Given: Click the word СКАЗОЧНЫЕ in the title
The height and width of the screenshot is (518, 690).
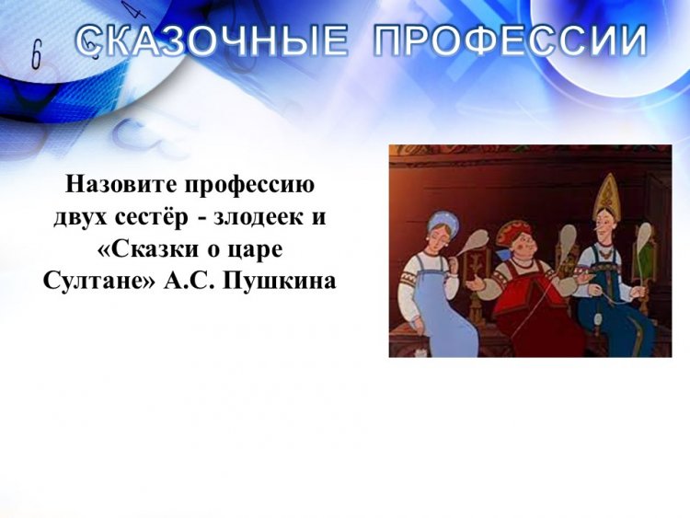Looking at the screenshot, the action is [x=212, y=40].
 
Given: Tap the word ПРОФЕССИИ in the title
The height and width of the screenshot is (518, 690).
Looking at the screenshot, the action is [x=511, y=40].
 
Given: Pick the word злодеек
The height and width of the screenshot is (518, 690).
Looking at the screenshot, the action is [x=259, y=217].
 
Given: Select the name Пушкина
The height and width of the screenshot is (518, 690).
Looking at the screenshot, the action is [x=280, y=282].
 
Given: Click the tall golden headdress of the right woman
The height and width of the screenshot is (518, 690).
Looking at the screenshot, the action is [x=606, y=196].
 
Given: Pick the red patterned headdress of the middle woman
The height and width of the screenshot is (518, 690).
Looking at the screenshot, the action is [x=514, y=233].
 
